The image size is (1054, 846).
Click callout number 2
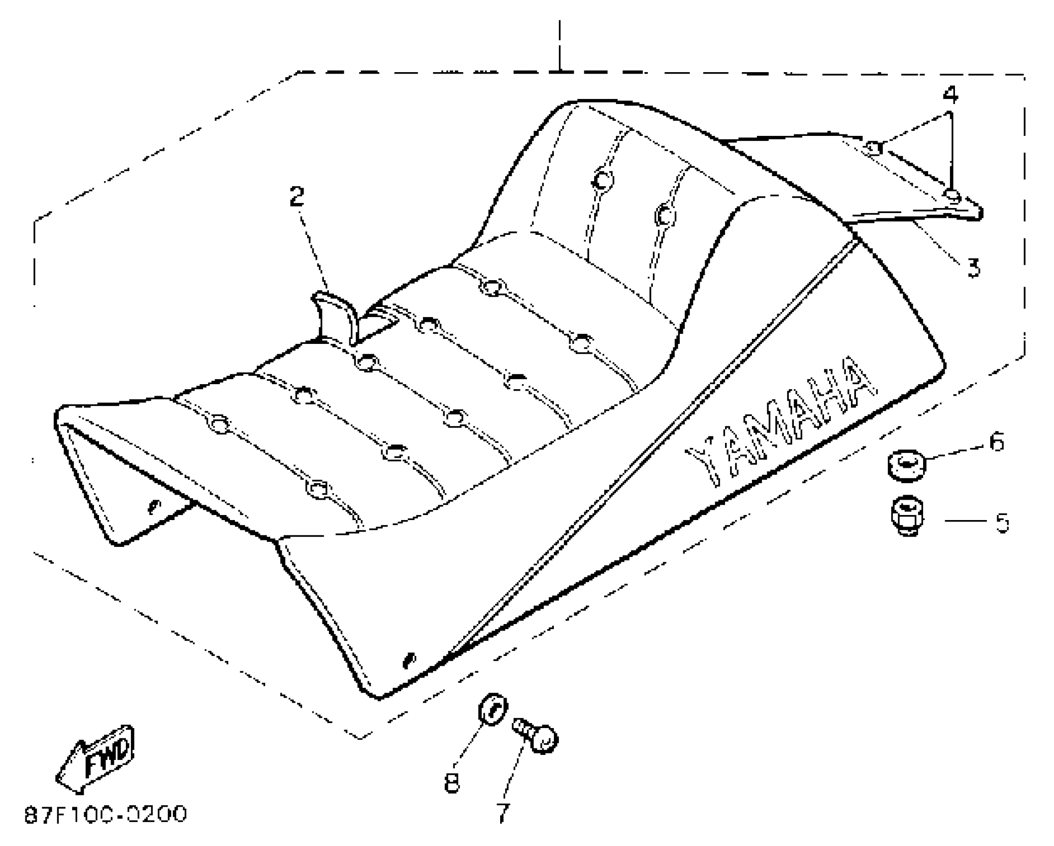(x=297, y=197)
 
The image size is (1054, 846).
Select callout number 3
(x=973, y=267)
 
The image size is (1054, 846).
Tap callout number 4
(x=950, y=95)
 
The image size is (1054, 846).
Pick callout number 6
(x=996, y=442)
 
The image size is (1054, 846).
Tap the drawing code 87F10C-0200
(x=105, y=815)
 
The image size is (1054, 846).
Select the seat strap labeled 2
(x=336, y=317)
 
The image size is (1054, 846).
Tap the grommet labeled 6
(x=906, y=466)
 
